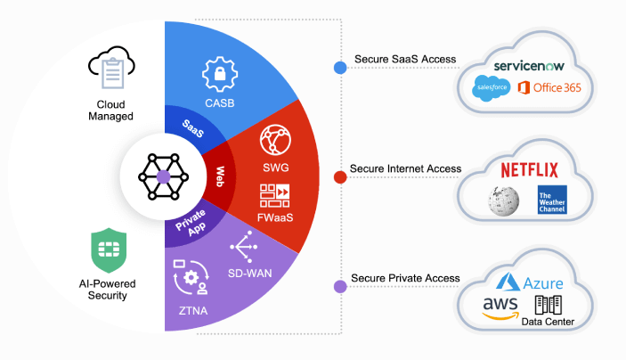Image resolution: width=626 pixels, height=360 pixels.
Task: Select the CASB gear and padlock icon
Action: pos(218,75)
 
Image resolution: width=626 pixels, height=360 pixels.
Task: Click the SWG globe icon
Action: pos(274,141)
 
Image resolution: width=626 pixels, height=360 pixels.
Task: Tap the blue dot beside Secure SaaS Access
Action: pos(339,67)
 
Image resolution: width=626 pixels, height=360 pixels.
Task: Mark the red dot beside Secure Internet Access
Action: pos(339,176)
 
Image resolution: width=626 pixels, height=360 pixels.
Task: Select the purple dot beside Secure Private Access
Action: pos(339,286)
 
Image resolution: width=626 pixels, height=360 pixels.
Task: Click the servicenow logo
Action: pos(531,67)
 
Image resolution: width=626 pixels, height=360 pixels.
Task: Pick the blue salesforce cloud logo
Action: pos(492,86)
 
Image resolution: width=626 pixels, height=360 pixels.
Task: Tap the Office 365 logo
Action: pos(549,87)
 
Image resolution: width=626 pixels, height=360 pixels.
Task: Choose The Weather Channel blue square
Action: pos(549,200)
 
